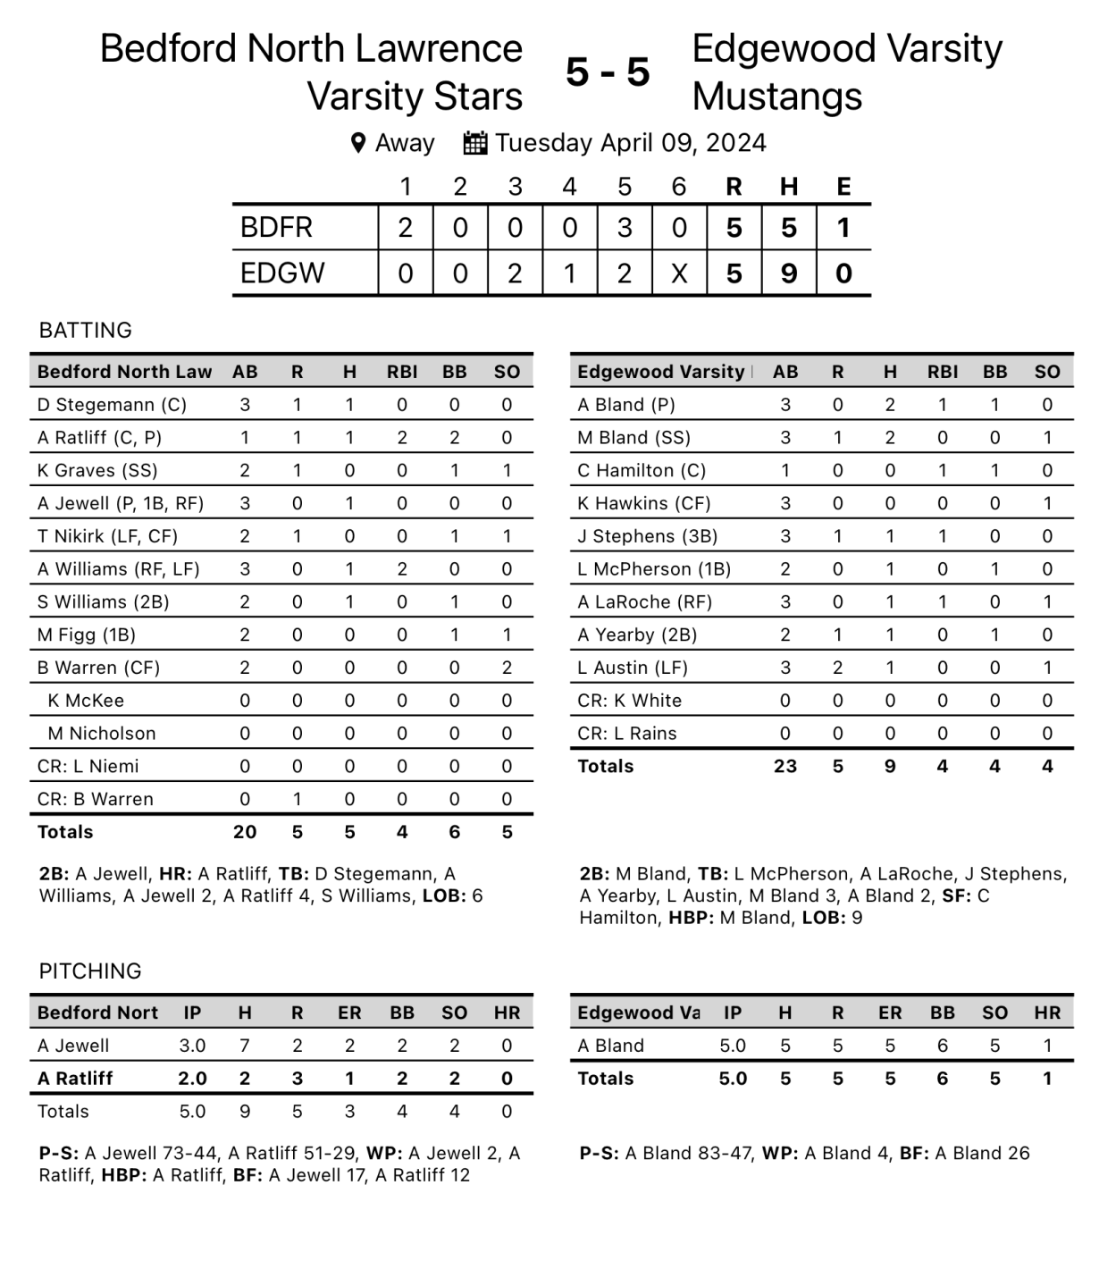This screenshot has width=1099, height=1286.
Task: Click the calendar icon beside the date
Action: (x=475, y=143)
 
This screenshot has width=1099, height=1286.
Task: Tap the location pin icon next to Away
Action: (x=358, y=143)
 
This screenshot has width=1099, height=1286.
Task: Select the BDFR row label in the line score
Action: (x=276, y=228)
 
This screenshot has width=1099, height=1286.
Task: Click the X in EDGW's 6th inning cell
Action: (x=679, y=273)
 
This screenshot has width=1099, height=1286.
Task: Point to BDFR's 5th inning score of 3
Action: (x=625, y=228)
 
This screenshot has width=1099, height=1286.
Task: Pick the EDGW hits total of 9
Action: (x=788, y=273)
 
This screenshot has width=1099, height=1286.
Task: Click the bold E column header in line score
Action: (x=843, y=187)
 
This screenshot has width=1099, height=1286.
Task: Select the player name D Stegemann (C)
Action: (x=112, y=405)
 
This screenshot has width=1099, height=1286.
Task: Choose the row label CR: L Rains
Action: (x=626, y=734)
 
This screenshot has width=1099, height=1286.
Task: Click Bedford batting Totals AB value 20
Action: (x=245, y=832)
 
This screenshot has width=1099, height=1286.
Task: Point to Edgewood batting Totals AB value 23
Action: (x=784, y=767)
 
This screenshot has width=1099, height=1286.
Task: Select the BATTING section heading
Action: (x=86, y=331)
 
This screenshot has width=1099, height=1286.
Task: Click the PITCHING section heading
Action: (x=90, y=971)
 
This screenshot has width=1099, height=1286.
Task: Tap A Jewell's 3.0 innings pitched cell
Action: (x=192, y=1046)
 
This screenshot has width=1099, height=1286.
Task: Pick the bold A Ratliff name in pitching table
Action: (x=75, y=1079)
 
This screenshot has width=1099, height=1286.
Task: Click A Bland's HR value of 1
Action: (x=1047, y=1046)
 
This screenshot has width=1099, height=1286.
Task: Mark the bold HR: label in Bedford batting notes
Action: (x=175, y=874)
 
